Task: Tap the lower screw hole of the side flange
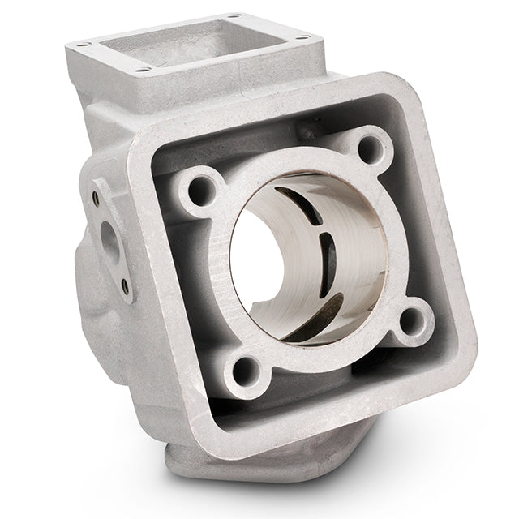click(x=123, y=284)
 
